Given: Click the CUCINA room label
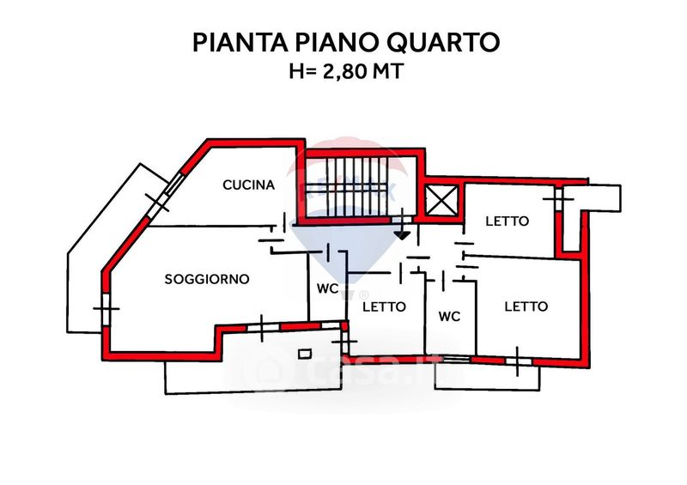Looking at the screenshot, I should [x=248, y=185].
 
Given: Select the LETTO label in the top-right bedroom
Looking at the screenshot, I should [x=507, y=221].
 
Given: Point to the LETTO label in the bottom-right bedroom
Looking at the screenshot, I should [x=526, y=306].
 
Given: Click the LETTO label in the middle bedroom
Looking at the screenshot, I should [x=383, y=306].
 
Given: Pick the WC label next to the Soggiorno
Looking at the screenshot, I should [x=327, y=288].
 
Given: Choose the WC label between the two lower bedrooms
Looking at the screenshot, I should [x=449, y=316].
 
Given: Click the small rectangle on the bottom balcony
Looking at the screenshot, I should [x=305, y=353].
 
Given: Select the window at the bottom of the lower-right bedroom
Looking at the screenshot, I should [x=519, y=361].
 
